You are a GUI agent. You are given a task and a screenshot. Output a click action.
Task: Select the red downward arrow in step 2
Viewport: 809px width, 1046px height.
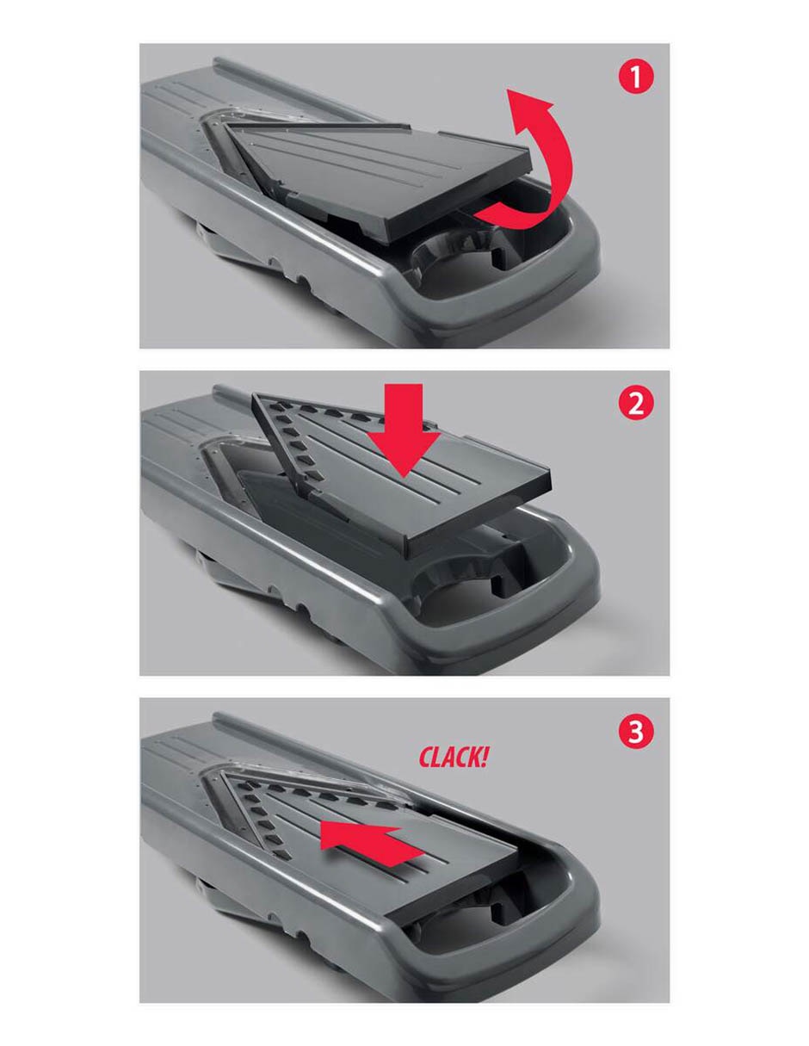point(403,430)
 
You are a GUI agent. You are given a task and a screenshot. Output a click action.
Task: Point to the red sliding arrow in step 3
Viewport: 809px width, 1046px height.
point(369,845)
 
